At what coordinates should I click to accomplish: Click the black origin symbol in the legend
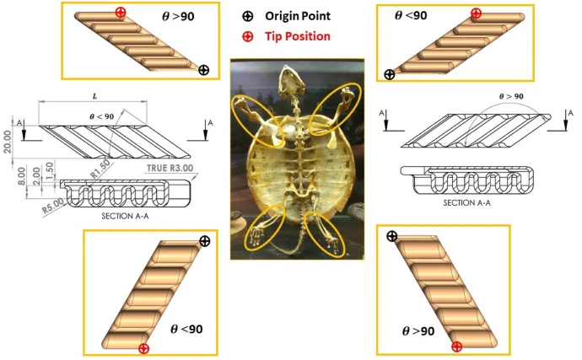(x=248, y=16)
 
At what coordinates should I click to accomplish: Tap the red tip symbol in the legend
(x=248, y=36)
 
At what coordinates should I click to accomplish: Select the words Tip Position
(x=297, y=36)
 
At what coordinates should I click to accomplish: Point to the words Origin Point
(x=297, y=16)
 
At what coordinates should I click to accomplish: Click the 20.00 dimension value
(x=7, y=142)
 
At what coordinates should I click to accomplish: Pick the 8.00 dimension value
(x=22, y=176)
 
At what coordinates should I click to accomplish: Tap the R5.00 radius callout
(x=53, y=206)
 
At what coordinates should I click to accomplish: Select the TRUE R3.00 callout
(x=170, y=168)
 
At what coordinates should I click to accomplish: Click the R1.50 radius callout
(x=100, y=169)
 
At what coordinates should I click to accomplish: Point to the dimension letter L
(x=94, y=96)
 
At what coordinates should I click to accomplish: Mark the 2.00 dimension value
(x=36, y=176)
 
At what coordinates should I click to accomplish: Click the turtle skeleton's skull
(x=290, y=80)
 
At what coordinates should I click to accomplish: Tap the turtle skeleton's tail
(x=291, y=246)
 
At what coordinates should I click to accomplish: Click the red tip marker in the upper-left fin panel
(x=121, y=13)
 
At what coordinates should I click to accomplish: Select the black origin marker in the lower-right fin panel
(x=392, y=236)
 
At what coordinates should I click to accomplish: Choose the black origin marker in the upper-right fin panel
(x=389, y=74)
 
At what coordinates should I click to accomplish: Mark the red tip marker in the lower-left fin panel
(x=143, y=348)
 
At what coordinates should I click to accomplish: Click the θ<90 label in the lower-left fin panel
(x=186, y=329)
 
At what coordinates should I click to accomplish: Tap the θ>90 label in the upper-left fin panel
(x=178, y=17)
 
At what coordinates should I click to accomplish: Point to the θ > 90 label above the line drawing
(x=511, y=96)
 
